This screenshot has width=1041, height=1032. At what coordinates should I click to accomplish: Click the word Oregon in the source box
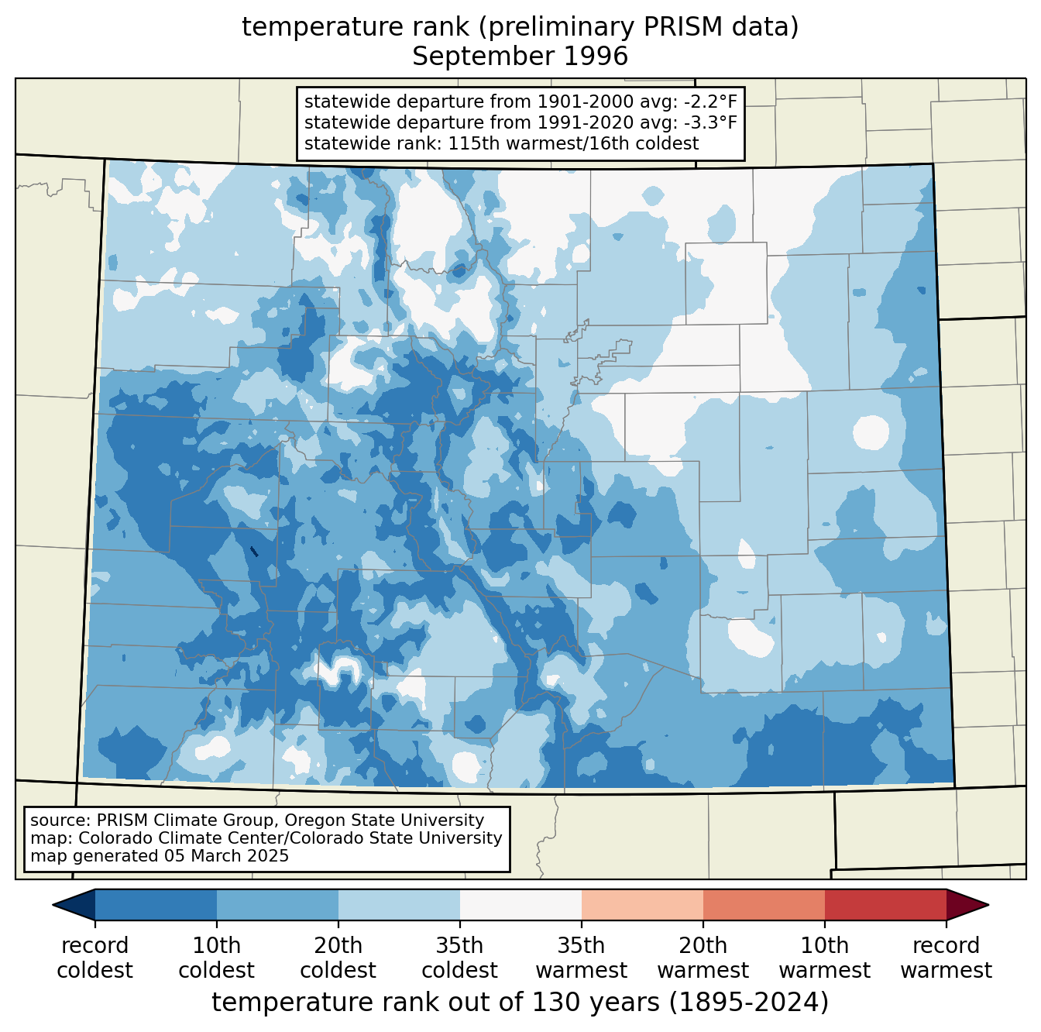coord(314,820)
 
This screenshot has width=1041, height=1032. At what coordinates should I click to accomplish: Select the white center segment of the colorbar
coord(520,904)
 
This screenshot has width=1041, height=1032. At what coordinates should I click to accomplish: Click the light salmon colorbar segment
coord(642,904)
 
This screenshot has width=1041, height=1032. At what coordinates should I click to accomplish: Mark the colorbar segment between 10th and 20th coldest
coord(277,904)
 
